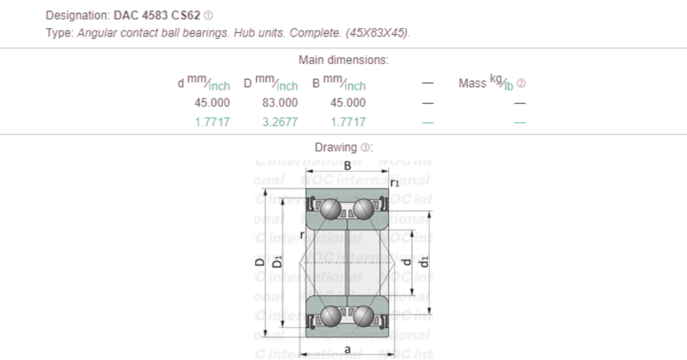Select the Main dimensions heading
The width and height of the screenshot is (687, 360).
coord(343,60)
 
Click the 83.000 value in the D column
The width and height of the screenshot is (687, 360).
coord(279,102)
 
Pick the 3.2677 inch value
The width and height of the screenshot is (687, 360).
coord(279,121)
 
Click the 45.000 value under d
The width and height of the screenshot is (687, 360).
coord(212,102)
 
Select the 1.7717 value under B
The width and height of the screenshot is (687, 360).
coord(348,121)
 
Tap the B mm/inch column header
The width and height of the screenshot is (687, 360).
coord(338,83)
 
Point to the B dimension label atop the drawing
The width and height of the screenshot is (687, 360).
coord(347,165)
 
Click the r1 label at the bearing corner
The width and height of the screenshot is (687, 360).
coord(394,183)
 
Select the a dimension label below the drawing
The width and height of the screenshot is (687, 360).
coord(347,350)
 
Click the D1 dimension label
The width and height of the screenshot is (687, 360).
coord(277,261)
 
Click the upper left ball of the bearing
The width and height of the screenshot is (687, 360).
coord(330,208)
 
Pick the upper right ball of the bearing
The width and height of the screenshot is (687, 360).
coord(364,208)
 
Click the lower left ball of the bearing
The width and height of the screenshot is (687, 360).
coord(330,315)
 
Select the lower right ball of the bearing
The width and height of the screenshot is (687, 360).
coord(364,315)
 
